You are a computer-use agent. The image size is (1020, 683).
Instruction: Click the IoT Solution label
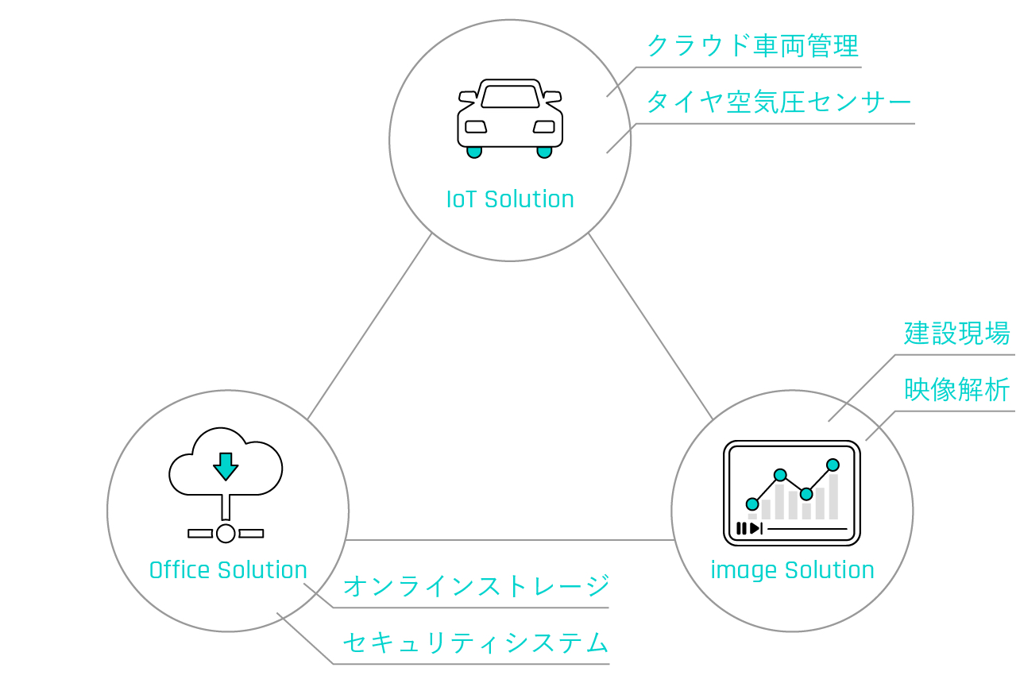click(510, 199)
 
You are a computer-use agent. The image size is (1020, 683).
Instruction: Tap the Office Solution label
click(228, 570)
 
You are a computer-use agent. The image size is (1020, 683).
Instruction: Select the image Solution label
click(792, 571)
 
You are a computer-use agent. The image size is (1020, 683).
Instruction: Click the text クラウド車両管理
click(753, 45)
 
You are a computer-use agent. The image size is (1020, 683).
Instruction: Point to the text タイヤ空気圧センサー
click(779, 102)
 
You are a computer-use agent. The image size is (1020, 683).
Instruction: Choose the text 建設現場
click(956, 333)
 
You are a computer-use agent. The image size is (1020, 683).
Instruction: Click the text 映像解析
click(956, 390)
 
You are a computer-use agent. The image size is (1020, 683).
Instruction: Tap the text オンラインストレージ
click(477, 585)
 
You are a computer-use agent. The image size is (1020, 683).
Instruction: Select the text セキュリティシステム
click(476, 642)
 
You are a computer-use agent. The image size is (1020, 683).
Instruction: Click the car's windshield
click(510, 97)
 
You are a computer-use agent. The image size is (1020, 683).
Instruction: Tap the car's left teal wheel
click(474, 152)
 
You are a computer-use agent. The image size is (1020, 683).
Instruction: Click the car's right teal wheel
click(544, 152)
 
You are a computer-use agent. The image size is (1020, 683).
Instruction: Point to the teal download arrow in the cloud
click(226, 466)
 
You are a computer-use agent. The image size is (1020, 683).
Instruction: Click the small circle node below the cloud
click(226, 534)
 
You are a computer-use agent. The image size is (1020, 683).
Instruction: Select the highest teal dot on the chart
click(833, 465)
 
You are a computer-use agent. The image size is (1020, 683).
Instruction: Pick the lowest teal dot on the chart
click(752, 504)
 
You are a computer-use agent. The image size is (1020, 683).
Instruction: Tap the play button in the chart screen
click(755, 529)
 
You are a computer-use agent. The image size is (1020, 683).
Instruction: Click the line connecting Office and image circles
click(510, 540)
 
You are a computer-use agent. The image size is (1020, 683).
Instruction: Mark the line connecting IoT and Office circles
click(369, 326)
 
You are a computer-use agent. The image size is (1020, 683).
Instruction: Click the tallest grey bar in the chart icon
click(833, 496)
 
